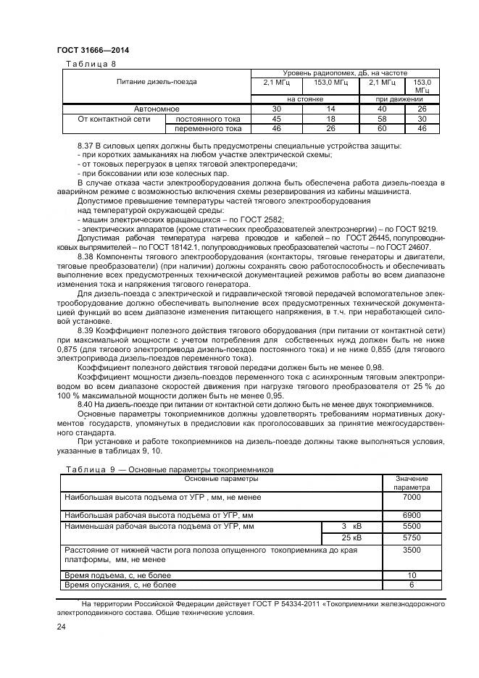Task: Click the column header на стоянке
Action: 304,99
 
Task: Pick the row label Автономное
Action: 157,109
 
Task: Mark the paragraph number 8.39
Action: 86,330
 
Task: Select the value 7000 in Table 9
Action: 411,498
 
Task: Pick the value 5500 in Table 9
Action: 411,526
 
